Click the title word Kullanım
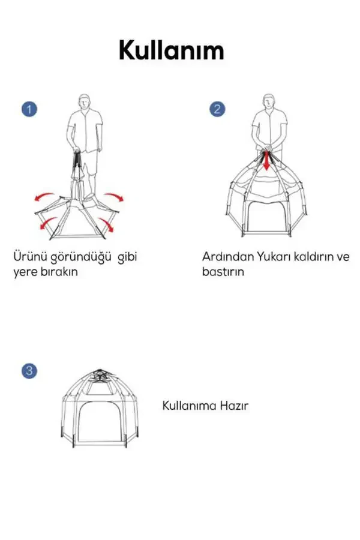click(x=171, y=50)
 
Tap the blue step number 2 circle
click(x=217, y=109)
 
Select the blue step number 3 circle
click(x=29, y=370)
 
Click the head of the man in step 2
click(x=269, y=100)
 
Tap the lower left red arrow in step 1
click(x=44, y=223)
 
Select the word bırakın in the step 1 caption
click(x=57, y=271)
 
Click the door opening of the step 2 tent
click(x=266, y=214)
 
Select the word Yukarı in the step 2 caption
click(x=274, y=257)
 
